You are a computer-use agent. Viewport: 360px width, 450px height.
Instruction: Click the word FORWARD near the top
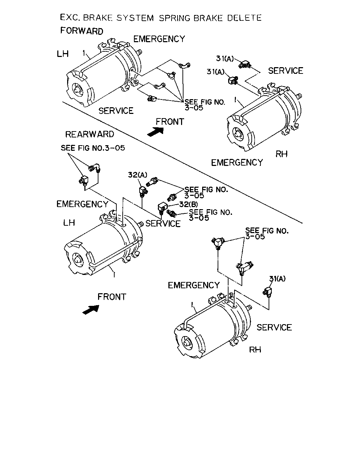(x=82, y=31)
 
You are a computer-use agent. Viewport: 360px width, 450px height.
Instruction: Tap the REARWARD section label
(x=90, y=134)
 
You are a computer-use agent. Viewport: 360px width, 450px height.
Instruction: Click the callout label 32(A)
(x=138, y=175)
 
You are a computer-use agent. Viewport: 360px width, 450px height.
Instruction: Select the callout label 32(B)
(x=188, y=204)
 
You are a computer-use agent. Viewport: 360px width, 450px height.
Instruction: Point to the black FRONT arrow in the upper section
(x=156, y=132)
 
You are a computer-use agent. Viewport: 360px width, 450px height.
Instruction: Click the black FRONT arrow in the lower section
(x=91, y=309)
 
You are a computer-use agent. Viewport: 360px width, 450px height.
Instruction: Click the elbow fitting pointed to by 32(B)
(x=162, y=208)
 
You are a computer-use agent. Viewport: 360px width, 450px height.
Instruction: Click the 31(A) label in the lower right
(x=277, y=279)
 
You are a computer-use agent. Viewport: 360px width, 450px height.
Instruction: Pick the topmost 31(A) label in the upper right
(x=225, y=59)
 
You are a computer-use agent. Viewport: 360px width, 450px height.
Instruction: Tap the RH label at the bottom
(x=255, y=349)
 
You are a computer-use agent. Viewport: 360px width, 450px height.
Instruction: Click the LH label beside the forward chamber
(x=63, y=54)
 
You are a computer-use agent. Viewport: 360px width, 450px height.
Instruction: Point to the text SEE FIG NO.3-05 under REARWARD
(x=93, y=148)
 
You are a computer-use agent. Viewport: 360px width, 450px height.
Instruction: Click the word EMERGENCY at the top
(x=159, y=39)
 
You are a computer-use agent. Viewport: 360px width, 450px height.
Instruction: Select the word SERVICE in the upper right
(x=285, y=71)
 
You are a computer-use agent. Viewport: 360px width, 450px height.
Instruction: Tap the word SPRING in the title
(x=174, y=18)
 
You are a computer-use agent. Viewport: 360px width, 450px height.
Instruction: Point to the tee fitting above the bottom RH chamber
(x=218, y=243)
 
